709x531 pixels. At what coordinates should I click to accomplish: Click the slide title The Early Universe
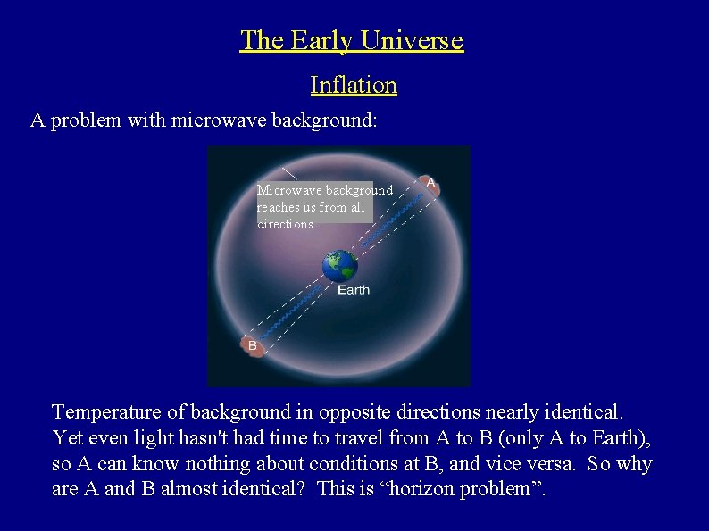click(x=352, y=40)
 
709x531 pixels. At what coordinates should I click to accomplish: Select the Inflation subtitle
click(x=354, y=85)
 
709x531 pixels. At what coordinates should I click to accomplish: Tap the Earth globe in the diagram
click(x=339, y=266)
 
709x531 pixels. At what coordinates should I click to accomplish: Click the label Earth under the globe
click(x=353, y=290)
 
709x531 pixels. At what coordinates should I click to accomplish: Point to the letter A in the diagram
click(x=430, y=183)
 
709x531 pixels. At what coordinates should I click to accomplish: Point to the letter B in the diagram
click(x=253, y=345)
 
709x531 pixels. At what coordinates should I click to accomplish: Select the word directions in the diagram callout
click(x=286, y=224)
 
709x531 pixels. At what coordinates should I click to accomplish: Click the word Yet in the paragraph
click(x=68, y=438)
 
